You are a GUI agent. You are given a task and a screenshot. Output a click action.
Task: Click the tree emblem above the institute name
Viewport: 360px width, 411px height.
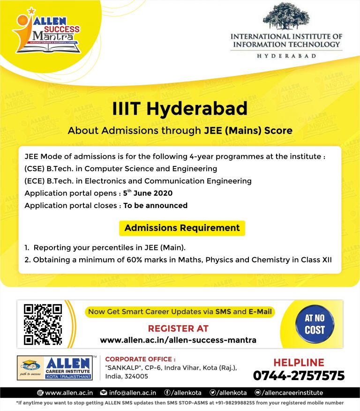286,17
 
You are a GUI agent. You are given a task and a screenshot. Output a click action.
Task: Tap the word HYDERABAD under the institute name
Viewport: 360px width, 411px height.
286,55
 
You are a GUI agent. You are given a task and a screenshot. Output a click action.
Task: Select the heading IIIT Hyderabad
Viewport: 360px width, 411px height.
180,109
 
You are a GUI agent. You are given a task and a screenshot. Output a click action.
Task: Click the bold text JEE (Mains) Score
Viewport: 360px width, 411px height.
248,131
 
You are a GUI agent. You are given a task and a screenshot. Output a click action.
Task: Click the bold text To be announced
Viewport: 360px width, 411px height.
155,205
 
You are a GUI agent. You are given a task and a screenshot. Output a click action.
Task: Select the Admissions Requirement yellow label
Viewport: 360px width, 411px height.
182,228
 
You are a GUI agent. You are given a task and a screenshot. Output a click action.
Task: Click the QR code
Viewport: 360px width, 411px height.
43,324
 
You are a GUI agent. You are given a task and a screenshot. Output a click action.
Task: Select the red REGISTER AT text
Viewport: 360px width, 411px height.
178,329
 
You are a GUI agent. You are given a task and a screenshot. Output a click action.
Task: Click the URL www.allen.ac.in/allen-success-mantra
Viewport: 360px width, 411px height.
178,340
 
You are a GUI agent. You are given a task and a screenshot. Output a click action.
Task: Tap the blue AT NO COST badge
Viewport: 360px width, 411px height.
315,324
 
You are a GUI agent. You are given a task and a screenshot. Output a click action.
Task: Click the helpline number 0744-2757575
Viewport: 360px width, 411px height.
299,376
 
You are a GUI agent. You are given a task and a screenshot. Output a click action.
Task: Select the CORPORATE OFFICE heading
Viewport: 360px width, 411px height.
141,359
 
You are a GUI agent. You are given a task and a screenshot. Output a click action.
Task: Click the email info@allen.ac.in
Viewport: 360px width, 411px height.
133,393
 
